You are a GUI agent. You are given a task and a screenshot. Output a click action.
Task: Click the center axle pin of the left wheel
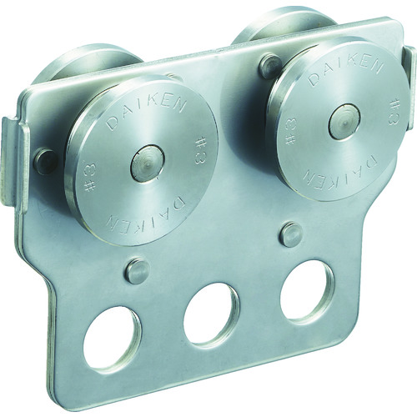tap(148, 163)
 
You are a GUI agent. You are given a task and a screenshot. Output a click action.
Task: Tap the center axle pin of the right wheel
tap(344, 121)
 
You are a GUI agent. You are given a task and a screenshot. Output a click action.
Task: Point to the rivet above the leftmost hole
tap(138, 269)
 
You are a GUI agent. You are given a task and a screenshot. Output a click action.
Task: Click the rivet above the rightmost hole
tap(291, 234)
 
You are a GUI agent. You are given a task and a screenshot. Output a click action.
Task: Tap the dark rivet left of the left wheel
tap(46, 162)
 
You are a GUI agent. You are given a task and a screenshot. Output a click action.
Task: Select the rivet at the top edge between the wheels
tap(270, 66)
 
